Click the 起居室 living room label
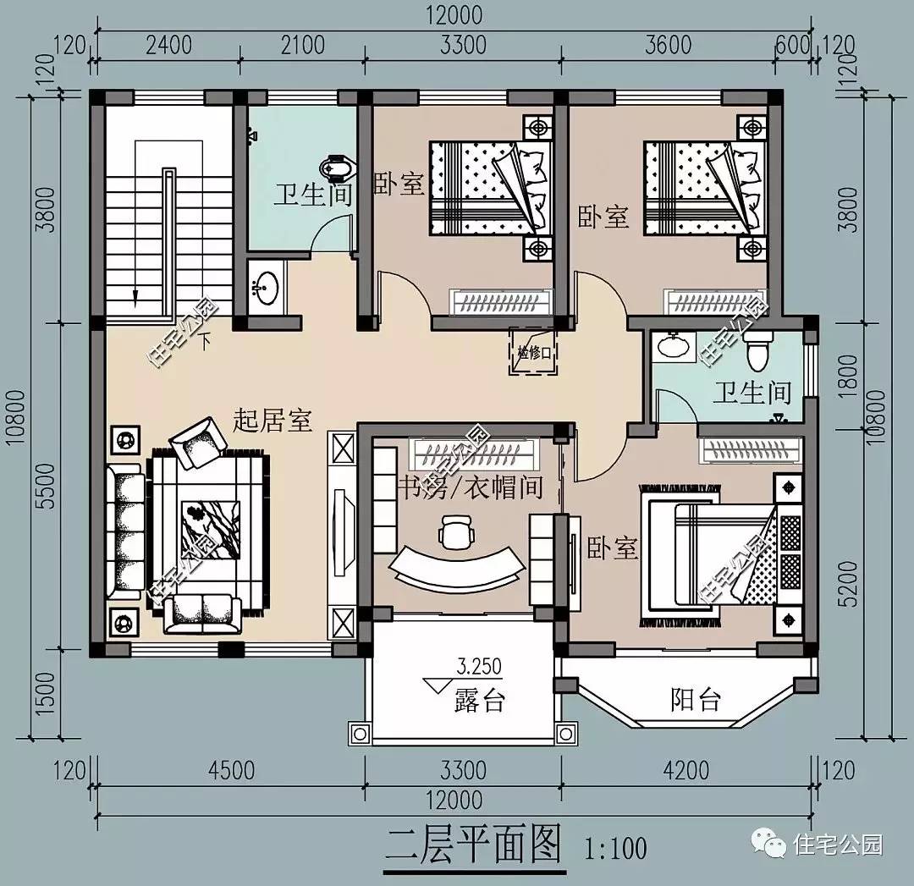click(273, 421)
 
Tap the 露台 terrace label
click(479, 701)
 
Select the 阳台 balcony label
click(696, 700)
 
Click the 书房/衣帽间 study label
click(470, 487)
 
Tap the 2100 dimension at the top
click(302, 44)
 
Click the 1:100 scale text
click(615, 846)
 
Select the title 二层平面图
click(475, 844)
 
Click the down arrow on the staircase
click(134, 294)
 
